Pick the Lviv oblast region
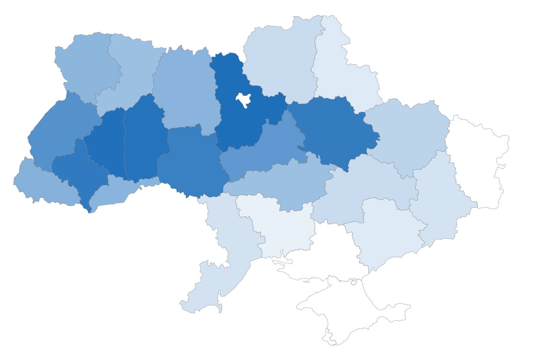(60, 131)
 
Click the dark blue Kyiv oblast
(241, 124)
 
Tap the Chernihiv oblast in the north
(280, 60)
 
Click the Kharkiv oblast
(407, 134)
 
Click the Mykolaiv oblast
(280, 230)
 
